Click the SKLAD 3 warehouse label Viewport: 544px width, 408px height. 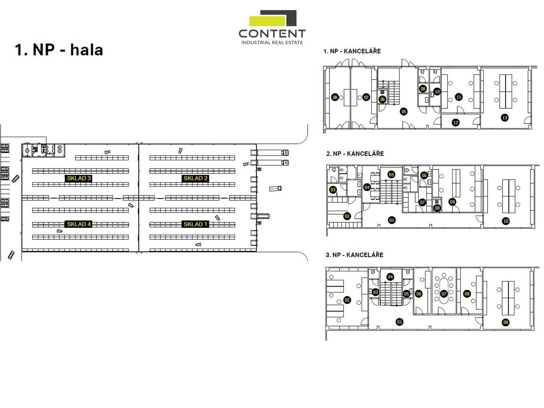(x=79, y=178)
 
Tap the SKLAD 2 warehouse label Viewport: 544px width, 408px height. (x=195, y=178)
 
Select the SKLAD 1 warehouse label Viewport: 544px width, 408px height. (x=195, y=224)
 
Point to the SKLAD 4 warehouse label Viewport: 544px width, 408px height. (x=79, y=224)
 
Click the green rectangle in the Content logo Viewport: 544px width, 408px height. (x=267, y=21)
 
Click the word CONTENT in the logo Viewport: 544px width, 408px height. (x=272, y=34)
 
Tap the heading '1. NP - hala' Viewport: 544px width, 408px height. (x=59, y=50)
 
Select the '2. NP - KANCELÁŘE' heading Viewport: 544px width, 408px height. (x=355, y=154)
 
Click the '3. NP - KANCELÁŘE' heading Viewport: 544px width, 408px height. (x=354, y=255)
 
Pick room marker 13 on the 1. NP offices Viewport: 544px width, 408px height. (x=505, y=118)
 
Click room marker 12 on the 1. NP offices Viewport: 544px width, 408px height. (x=456, y=123)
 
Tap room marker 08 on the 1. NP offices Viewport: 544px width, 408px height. (x=335, y=98)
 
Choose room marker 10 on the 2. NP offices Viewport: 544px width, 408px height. (x=506, y=221)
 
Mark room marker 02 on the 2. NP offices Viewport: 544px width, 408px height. (x=347, y=216)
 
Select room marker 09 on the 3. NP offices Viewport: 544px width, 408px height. (x=506, y=322)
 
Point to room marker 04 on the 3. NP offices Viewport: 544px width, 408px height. (x=390, y=277)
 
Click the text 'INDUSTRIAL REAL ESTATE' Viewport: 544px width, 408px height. (x=272, y=42)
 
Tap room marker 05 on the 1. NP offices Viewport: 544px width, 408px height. (x=404, y=112)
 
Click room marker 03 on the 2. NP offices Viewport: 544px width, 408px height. (x=333, y=190)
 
